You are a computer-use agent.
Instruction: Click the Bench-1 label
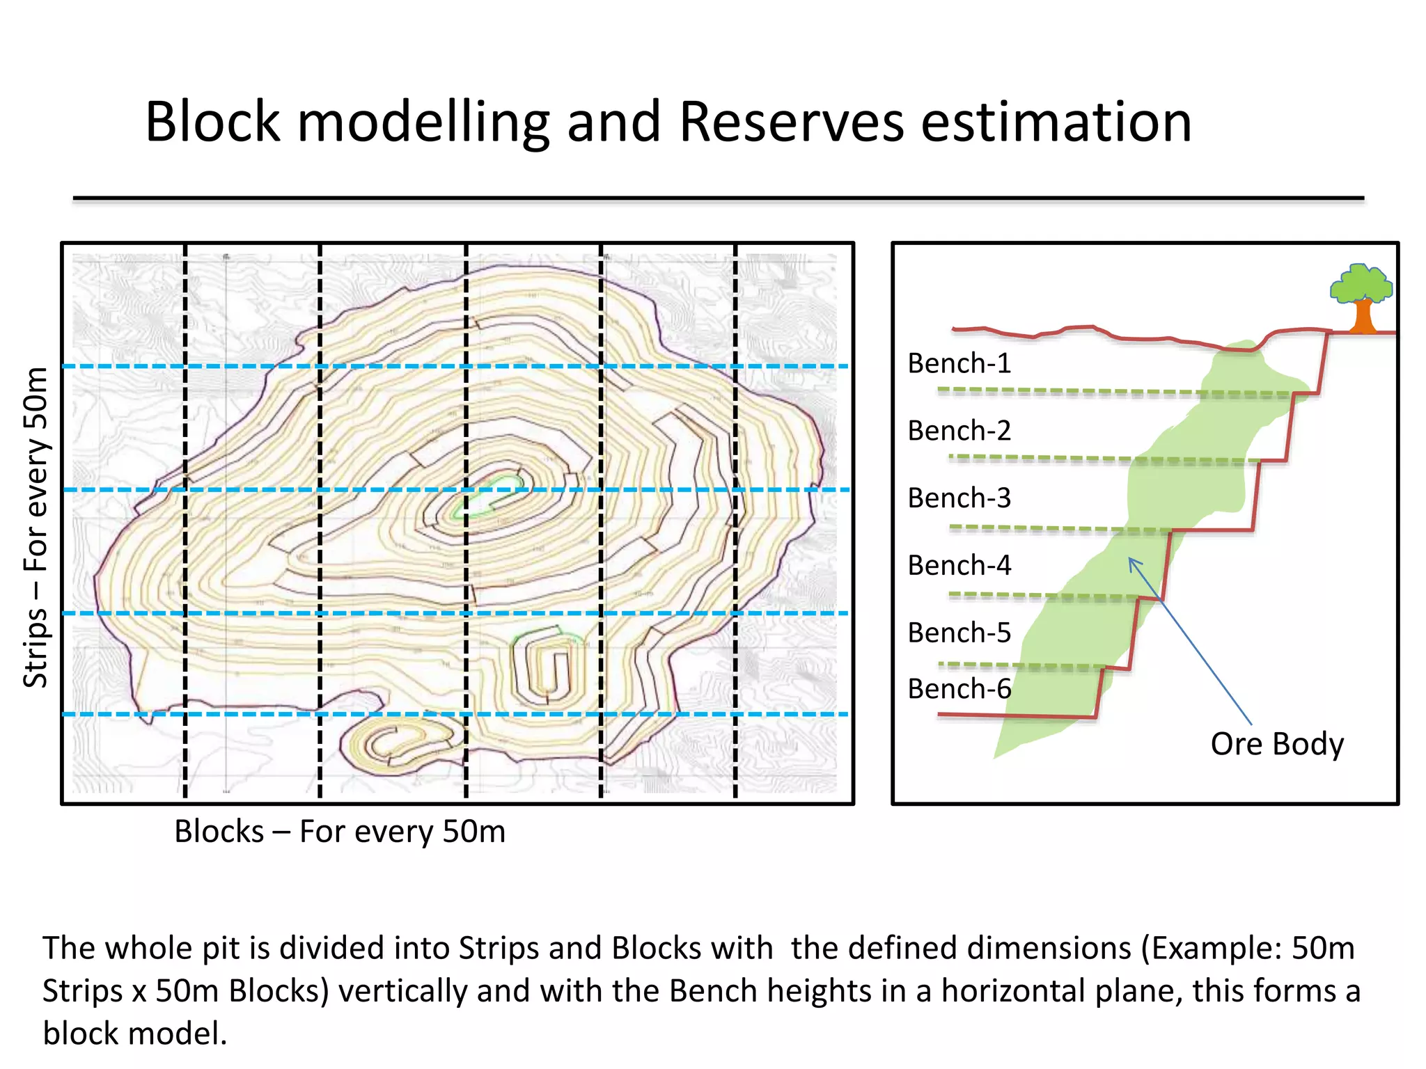click(x=959, y=363)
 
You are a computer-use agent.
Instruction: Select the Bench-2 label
click(x=959, y=431)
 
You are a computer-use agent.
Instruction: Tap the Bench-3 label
click(x=959, y=498)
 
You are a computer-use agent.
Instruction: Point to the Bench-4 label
click(x=959, y=566)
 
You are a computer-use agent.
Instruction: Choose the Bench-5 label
click(x=959, y=633)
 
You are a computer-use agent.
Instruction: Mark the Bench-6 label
click(x=959, y=689)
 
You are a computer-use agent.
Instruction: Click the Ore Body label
click(x=1277, y=744)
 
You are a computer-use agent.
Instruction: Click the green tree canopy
click(x=1360, y=283)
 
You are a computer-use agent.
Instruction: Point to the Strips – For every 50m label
click(x=36, y=527)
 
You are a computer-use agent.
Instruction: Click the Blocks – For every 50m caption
click(x=340, y=832)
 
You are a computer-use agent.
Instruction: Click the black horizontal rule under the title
click(x=717, y=199)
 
